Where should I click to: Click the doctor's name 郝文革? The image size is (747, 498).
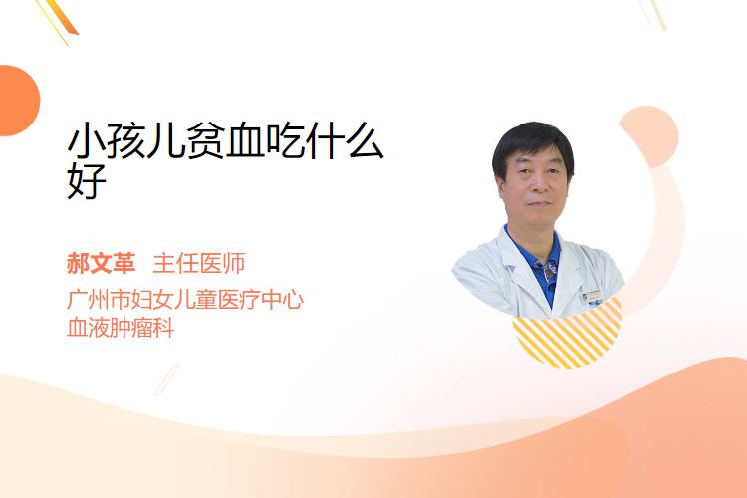click(x=101, y=263)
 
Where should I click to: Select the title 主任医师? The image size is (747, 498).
click(x=199, y=263)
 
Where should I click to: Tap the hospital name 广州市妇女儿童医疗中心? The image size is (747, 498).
click(x=185, y=300)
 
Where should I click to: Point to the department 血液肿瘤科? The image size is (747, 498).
click(x=121, y=328)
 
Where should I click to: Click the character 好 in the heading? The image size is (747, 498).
click(x=87, y=180)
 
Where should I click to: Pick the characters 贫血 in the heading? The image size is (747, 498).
click(x=225, y=140)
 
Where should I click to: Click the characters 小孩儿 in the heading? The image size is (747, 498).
click(x=126, y=140)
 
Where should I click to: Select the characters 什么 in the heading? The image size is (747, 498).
click(x=345, y=140)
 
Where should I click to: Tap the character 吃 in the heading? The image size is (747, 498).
click(x=285, y=140)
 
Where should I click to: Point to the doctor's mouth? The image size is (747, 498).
click(x=539, y=203)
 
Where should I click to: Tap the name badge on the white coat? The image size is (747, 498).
click(x=593, y=296)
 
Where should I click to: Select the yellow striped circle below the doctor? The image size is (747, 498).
click(x=568, y=336)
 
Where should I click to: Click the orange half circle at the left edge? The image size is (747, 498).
click(x=18, y=101)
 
